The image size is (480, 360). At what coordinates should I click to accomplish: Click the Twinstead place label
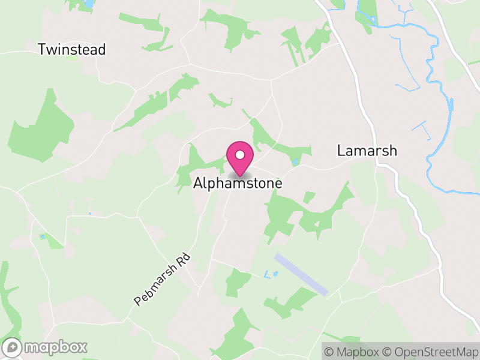(x=71, y=50)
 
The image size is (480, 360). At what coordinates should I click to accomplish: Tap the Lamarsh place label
(x=367, y=151)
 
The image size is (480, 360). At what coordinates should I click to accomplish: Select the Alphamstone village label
(x=238, y=184)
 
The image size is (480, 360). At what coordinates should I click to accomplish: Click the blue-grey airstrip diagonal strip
(x=301, y=274)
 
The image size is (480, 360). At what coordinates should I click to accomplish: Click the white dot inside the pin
(x=240, y=155)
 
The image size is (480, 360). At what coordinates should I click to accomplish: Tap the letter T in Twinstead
(x=42, y=50)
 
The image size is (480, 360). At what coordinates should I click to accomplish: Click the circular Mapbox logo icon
(x=12, y=347)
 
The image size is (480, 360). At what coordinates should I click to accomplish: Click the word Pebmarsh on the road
(x=155, y=287)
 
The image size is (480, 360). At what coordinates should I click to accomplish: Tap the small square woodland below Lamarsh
(x=309, y=197)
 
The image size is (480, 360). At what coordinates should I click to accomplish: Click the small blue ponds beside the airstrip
(x=271, y=274)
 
